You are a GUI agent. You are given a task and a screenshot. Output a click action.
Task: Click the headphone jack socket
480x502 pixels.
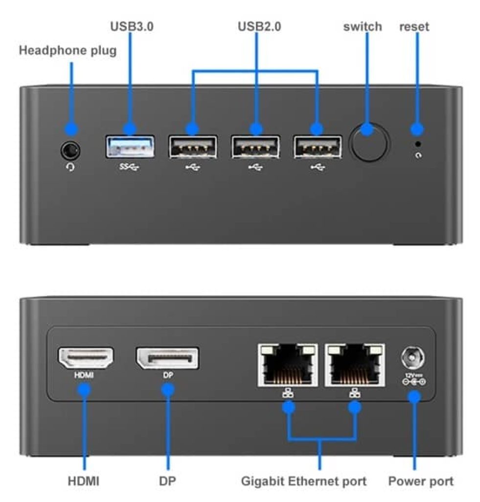[71, 150]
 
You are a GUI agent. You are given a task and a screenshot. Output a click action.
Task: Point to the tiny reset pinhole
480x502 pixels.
[417, 144]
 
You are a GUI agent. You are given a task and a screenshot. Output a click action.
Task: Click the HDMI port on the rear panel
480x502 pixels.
[86, 358]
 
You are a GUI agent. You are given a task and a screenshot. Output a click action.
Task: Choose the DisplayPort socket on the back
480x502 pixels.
[167, 358]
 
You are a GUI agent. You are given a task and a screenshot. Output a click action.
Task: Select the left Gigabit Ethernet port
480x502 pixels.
[287, 364]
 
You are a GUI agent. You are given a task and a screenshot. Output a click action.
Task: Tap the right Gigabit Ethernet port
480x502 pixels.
[356, 364]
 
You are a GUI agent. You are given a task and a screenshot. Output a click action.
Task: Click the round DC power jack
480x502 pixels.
[413, 358]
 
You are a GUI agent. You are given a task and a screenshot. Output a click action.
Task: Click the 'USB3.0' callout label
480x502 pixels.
[132, 26]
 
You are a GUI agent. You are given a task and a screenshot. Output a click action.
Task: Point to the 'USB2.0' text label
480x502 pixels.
[259, 26]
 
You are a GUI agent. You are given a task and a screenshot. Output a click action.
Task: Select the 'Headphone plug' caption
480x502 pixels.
[68, 50]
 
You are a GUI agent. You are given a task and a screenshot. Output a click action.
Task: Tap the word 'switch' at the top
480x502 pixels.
[363, 26]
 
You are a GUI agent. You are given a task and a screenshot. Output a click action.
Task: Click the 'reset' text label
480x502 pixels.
[414, 26]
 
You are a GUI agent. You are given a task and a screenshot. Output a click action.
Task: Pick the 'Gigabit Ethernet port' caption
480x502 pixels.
[304, 481]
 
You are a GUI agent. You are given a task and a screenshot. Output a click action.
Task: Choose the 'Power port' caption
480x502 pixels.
[421, 481]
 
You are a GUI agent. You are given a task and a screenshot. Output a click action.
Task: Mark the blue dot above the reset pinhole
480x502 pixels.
[417, 129]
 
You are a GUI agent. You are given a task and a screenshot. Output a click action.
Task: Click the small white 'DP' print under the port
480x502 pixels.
[167, 376]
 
